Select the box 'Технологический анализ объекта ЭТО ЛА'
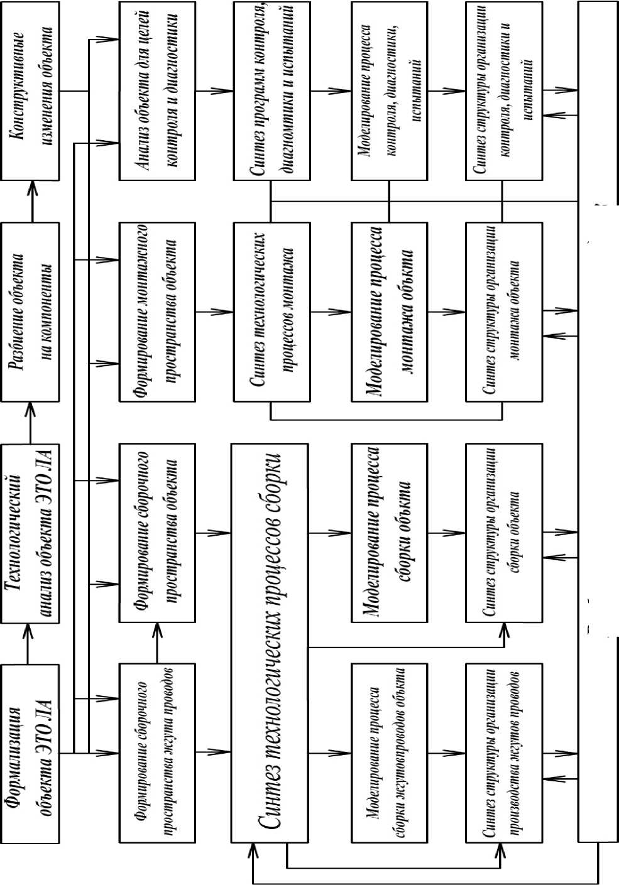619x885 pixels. (31, 533)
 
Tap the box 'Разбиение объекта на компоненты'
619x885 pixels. (31, 312)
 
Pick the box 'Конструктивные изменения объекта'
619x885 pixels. (31, 91)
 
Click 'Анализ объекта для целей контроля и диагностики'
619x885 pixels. (157, 91)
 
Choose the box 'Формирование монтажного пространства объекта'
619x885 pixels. (157, 312)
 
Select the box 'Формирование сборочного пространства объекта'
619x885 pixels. (157, 533)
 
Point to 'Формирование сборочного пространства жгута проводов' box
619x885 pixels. (157, 752)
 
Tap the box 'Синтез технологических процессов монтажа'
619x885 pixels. (271, 312)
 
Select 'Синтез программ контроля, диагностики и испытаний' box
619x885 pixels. (271, 91)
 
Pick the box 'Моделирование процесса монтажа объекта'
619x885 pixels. (389, 312)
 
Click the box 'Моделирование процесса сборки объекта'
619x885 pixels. (389, 533)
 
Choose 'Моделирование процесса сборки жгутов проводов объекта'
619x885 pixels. (389, 752)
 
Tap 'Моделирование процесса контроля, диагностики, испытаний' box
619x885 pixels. (389, 91)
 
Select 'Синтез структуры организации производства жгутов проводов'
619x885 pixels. (503, 752)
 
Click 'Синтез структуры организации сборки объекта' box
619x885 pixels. (503, 533)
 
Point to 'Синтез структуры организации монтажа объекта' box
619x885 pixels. (503, 312)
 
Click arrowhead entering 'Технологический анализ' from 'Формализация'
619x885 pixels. (28, 628)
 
